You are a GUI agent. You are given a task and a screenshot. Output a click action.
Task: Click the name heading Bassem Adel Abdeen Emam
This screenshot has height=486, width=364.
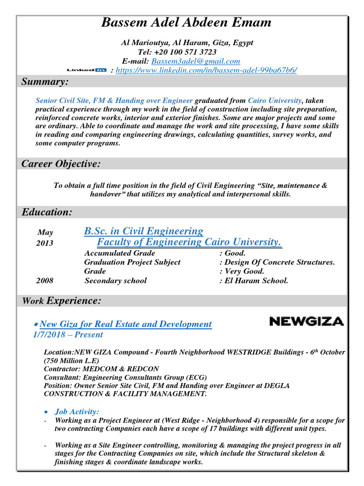pos(186,22)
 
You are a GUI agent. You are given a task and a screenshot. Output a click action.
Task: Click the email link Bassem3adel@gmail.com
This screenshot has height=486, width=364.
pos(195,61)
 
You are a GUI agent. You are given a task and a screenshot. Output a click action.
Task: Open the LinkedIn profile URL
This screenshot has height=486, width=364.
pos(206,70)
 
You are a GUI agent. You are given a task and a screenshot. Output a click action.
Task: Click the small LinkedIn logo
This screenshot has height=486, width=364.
pos(87,70)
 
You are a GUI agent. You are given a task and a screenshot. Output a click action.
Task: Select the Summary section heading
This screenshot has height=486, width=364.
pos(45,82)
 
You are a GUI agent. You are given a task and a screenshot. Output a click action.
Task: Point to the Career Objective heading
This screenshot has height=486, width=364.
pos(61,164)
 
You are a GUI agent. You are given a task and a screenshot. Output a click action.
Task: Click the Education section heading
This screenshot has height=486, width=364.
pos(47,212)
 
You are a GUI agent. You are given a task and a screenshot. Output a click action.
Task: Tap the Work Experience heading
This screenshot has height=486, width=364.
pos(62,300)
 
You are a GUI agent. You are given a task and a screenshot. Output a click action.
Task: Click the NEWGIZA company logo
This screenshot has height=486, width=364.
pos(306,321)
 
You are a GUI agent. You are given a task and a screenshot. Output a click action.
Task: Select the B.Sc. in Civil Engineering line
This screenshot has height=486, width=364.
pos(144,231)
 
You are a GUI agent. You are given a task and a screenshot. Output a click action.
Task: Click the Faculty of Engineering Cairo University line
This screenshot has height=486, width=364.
pos(189,242)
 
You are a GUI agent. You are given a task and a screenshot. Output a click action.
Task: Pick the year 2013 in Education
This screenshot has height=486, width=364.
pos(45,243)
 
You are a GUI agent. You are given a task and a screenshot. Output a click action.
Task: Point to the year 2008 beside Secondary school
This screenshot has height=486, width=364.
pos(45,280)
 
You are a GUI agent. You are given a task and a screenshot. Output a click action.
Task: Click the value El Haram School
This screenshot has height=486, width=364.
pos(256,280)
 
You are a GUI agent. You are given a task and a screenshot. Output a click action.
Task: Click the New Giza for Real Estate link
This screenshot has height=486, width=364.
pos(126,324)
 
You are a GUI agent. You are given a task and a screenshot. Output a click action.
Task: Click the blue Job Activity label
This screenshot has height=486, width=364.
pos(77,412)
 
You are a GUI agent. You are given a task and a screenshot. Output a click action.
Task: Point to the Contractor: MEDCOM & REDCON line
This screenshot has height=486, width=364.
pos(101,369)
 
